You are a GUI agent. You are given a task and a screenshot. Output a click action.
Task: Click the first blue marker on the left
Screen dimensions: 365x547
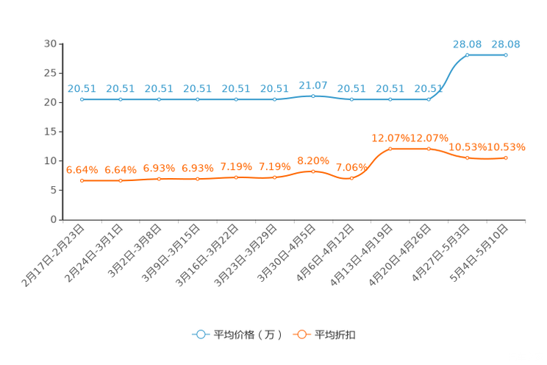(x=82, y=99)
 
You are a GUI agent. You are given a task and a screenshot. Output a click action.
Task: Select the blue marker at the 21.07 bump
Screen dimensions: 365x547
(x=313, y=96)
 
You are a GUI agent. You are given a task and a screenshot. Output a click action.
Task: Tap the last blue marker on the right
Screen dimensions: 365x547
(x=506, y=54)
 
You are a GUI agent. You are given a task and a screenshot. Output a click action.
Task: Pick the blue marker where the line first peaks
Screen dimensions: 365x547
(x=468, y=54)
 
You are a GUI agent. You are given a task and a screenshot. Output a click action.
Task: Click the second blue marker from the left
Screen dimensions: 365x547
(x=120, y=99)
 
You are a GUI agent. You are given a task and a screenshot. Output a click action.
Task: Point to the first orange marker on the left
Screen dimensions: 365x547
(x=82, y=180)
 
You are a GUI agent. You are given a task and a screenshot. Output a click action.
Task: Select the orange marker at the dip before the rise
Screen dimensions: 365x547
(x=351, y=177)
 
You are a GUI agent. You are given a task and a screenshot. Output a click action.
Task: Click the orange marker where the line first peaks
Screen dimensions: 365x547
(x=390, y=149)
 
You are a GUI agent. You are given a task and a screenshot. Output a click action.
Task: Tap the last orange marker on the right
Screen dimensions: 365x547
(x=506, y=157)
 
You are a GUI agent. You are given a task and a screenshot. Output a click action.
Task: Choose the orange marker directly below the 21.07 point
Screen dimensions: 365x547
(x=313, y=171)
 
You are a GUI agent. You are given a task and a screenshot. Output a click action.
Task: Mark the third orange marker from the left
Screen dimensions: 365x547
(x=159, y=178)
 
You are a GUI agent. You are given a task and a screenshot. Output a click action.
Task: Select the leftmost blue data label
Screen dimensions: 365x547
(x=82, y=88)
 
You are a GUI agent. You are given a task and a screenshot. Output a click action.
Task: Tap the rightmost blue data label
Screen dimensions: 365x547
(x=506, y=43)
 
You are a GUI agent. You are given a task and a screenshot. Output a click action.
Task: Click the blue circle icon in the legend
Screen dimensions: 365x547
(x=201, y=333)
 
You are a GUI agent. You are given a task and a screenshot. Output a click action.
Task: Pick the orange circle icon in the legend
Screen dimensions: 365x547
(x=301, y=333)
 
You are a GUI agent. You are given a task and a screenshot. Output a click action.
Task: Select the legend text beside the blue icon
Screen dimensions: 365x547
(x=247, y=334)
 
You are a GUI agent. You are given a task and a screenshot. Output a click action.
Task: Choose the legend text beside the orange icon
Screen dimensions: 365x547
(x=335, y=334)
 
